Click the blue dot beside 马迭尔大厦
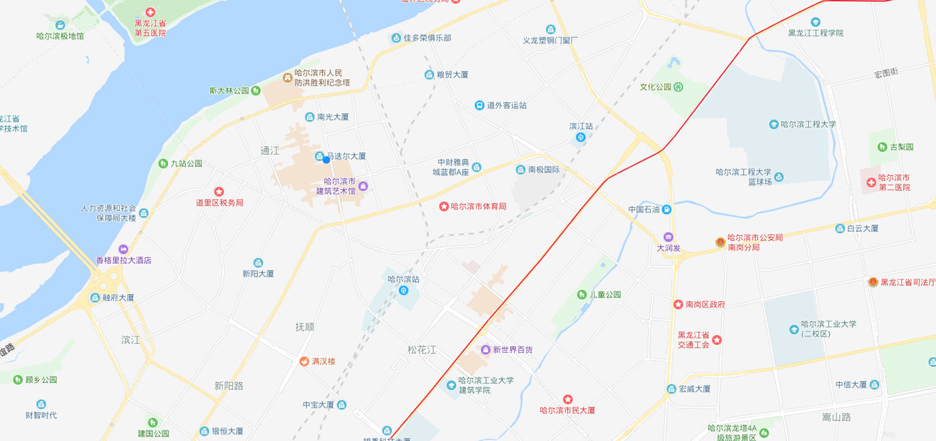pos(326,159)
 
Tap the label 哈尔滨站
pos(404,279)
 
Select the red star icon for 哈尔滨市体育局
pos(443,206)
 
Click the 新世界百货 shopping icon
pos(486,350)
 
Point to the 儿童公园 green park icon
pos(582,295)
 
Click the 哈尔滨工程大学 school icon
pos(774,124)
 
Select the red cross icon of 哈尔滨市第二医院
pos(871,182)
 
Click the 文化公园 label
pos(655,87)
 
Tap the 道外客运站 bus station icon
pos(479,106)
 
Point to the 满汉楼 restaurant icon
pos(304,361)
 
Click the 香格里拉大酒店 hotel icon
pos(123,249)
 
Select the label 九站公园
pos(186,163)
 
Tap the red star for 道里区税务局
pos(219,192)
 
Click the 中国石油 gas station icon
pos(667,209)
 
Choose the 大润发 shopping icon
pos(668,237)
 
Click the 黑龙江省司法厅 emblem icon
pos(872,282)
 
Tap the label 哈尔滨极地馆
pos(60,35)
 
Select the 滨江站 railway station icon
pos(581,138)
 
